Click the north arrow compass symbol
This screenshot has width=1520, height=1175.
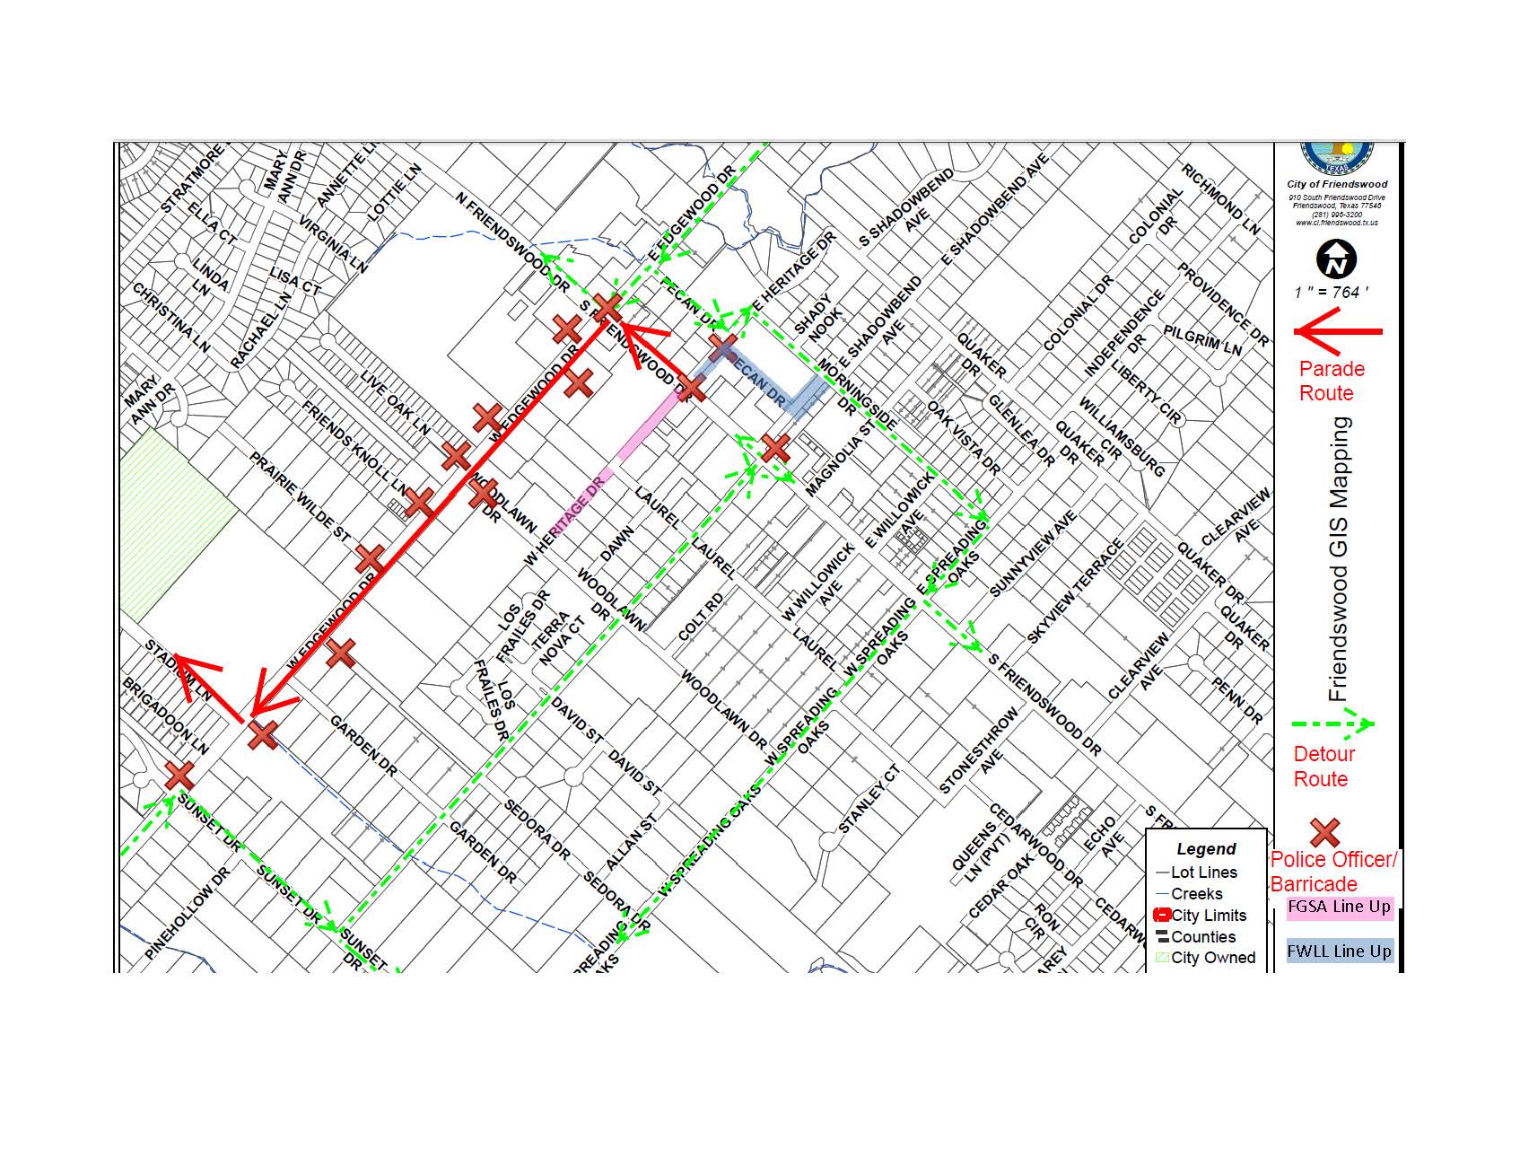pyautogui.click(x=1336, y=259)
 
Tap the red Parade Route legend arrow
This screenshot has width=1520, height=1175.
pyautogui.click(x=1337, y=331)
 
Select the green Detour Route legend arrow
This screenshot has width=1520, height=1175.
pyautogui.click(x=1332, y=723)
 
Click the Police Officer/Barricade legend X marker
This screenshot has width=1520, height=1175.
pyautogui.click(x=1325, y=833)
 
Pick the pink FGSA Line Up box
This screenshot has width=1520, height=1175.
pyautogui.click(x=1339, y=907)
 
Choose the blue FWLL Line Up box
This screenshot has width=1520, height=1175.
pyautogui.click(x=1339, y=951)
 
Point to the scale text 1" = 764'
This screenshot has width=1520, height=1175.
pyautogui.click(x=1332, y=293)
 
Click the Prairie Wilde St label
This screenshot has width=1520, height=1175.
pyautogui.click(x=299, y=496)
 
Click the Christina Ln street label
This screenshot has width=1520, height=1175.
pyautogui.click(x=170, y=318)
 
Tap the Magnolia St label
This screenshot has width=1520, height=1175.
pyautogui.click(x=838, y=462)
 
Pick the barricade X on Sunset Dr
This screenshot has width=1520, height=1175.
pyautogui.click(x=179, y=775)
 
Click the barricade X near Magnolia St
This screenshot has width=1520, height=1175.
pyautogui.click(x=774, y=447)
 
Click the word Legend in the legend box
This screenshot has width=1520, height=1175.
pyautogui.click(x=1206, y=849)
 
